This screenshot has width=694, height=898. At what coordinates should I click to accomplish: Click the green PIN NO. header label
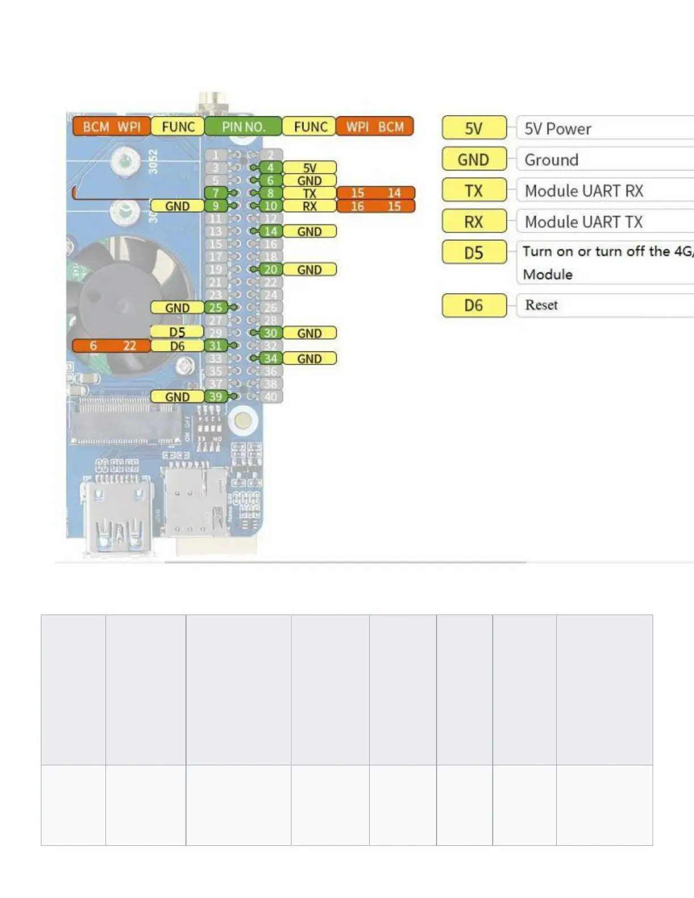click(243, 126)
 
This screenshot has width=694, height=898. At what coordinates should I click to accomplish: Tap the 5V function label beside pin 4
click(310, 168)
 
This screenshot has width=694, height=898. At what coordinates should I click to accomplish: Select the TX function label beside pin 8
click(310, 193)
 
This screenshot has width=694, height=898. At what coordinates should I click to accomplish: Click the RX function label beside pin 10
click(310, 206)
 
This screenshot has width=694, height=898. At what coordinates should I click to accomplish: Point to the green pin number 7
click(215, 193)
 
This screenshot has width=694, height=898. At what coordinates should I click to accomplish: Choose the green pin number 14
click(270, 231)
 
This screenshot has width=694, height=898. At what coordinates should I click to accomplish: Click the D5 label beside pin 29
click(177, 332)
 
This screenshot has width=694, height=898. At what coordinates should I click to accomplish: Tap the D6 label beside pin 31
click(177, 346)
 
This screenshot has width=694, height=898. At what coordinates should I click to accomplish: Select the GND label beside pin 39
click(177, 397)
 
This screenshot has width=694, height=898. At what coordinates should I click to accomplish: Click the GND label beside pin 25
click(177, 308)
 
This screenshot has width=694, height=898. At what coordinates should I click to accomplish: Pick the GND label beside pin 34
click(310, 359)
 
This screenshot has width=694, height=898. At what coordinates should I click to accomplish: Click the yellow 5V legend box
click(474, 128)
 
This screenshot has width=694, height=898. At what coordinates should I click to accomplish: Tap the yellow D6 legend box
click(474, 306)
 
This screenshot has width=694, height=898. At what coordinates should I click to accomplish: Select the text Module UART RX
click(584, 191)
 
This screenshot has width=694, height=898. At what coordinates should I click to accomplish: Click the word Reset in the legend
click(541, 305)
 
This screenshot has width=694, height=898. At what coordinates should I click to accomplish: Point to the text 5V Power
click(558, 129)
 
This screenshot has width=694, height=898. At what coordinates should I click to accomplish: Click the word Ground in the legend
click(552, 160)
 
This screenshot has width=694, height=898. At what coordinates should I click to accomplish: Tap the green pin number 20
click(270, 270)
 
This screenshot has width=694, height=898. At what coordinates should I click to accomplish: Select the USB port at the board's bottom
click(118, 519)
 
